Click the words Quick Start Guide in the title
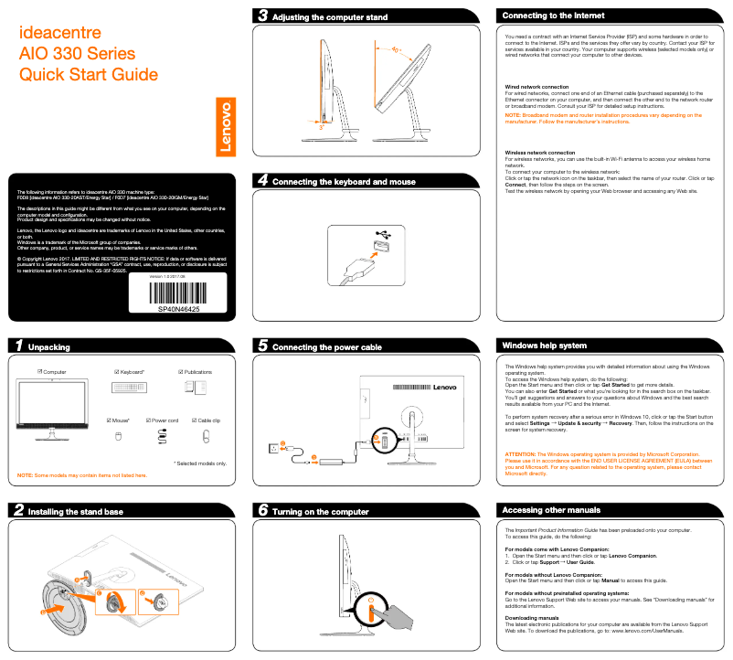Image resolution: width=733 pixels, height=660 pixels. click(x=89, y=75)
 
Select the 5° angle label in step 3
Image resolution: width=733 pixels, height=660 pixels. click(x=321, y=128)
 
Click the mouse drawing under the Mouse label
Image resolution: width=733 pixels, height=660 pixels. click(x=118, y=437)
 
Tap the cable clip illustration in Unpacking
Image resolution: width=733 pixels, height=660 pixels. click(x=206, y=438)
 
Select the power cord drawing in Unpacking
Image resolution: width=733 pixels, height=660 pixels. click(x=162, y=438)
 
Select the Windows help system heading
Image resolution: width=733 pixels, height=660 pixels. click(x=545, y=346)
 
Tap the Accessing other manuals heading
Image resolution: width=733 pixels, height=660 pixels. click(x=551, y=509)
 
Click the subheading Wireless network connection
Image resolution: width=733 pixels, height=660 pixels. click(x=540, y=153)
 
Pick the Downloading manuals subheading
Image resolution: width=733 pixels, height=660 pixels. click(x=532, y=617)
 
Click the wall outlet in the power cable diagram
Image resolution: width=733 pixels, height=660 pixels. click(x=273, y=448)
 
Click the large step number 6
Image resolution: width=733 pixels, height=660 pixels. click(x=262, y=510)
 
